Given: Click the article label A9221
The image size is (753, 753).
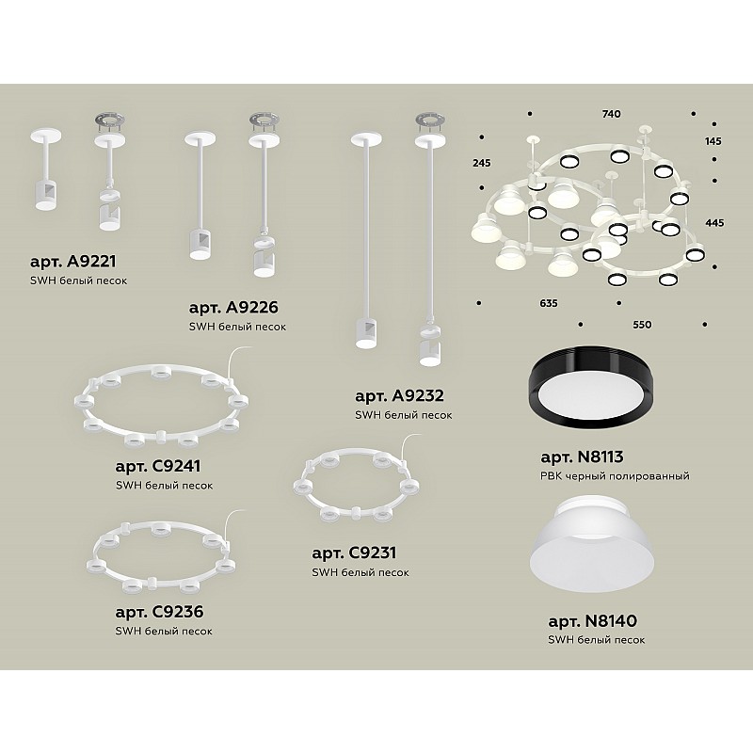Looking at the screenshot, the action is tap(72, 262).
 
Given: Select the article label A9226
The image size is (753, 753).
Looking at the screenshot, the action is tap(233, 308).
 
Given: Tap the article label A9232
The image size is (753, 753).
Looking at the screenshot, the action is tap(399, 395).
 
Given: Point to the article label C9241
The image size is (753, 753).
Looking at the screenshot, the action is tap(158, 466).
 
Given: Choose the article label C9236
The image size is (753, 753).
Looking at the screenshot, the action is tap(159, 611).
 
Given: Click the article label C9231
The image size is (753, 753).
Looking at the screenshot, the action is tap(354, 553).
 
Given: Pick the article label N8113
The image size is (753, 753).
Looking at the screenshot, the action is tap(582, 457).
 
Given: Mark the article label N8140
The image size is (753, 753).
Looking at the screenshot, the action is tap(592, 620).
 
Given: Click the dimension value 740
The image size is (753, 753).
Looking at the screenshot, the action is tap(611, 114).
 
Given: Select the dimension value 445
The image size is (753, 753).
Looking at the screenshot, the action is tap(714, 223).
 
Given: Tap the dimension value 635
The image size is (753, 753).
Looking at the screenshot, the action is tap(549, 303).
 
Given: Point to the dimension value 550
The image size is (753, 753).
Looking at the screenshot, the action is tap(642, 325).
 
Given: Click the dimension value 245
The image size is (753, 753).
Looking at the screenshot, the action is tap(481, 163).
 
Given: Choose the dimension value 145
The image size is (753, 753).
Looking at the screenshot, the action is tap(713, 141).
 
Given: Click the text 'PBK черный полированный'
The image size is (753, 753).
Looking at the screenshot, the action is tap(615, 476).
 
